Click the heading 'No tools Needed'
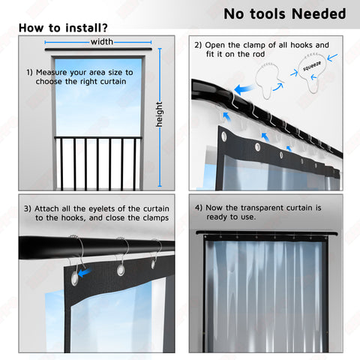pyautogui.click(x=285, y=13)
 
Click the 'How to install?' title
pyautogui.click(x=63, y=28)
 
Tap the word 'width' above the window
pyautogui.click(x=102, y=42)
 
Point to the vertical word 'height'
pyautogui.click(x=159, y=114)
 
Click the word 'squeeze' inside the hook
pyautogui.click(x=312, y=66)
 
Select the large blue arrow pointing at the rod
pyautogui.click(x=244, y=89)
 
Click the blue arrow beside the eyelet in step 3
pyautogui.click(x=85, y=273)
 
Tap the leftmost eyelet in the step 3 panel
pyautogui.click(x=74, y=279)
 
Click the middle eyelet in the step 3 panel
pyautogui.click(x=121, y=270)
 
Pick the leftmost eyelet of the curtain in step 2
pyautogui.click(x=224, y=136)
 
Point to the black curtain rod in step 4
pyautogui.click(x=266, y=233)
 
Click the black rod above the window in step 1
pyautogui.click(x=98, y=49)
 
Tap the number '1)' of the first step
pyautogui.click(x=29, y=73)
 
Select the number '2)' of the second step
pyautogui.click(x=198, y=45)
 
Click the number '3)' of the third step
pyautogui.click(x=28, y=208)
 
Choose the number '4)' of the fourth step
pyautogui.click(x=199, y=208)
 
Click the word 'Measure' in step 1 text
pyautogui.click(x=52, y=73)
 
